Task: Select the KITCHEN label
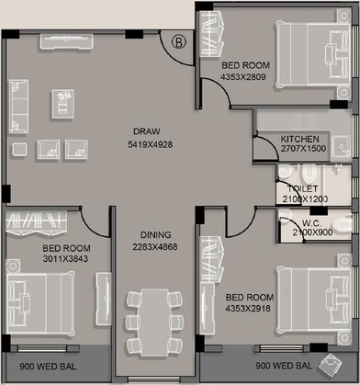coord(299,139)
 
